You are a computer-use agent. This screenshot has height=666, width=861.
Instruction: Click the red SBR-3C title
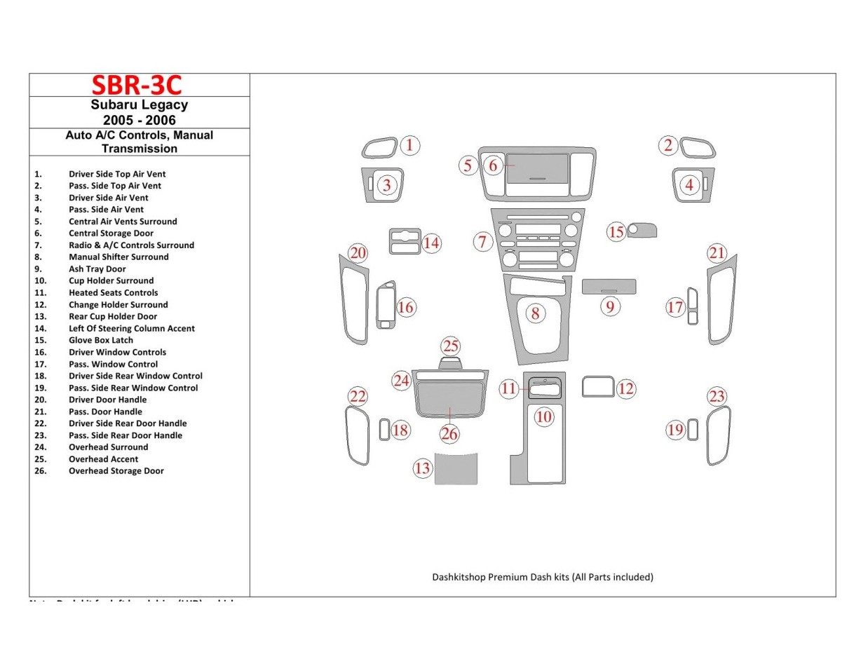click(x=137, y=85)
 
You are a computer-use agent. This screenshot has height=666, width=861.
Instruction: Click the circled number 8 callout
click(x=535, y=313)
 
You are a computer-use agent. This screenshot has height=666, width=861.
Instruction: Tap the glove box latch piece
click(x=642, y=230)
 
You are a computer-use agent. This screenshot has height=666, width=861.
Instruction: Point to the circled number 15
click(x=616, y=232)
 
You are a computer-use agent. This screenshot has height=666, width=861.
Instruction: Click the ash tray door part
click(x=609, y=286)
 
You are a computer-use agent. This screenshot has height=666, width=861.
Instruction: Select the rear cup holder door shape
click(x=456, y=468)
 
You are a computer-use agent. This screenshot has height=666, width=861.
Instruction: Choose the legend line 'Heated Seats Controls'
click(x=113, y=292)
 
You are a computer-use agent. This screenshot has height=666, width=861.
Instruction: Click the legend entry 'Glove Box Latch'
click(x=100, y=340)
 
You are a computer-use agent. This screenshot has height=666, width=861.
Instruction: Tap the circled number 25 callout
click(x=451, y=346)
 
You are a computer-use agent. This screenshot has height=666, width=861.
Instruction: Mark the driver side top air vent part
click(x=379, y=149)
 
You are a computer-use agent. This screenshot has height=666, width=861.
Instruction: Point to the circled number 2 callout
click(x=668, y=145)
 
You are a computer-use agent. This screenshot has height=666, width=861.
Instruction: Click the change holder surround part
click(x=597, y=387)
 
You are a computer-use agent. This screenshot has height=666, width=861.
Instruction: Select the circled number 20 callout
click(x=358, y=253)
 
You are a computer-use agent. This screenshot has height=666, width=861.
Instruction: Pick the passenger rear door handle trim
click(x=718, y=436)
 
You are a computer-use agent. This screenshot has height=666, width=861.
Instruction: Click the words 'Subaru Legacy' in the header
click(x=139, y=105)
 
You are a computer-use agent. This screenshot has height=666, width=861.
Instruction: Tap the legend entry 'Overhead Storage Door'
click(x=116, y=471)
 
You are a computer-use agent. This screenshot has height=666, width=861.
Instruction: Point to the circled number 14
click(x=431, y=243)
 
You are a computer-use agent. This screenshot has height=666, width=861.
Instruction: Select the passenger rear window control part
click(x=693, y=430)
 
